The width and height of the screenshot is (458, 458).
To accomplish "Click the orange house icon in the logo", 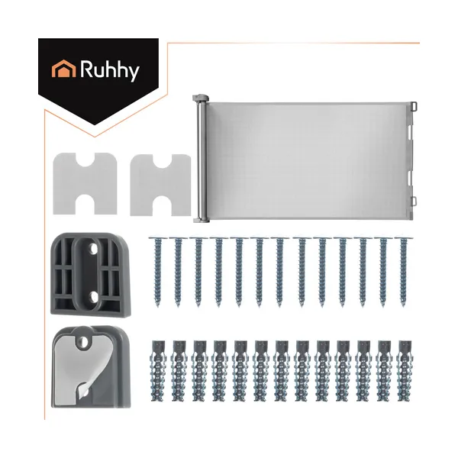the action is pos(63,69).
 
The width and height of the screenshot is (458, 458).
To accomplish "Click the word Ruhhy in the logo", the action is pos(110,70).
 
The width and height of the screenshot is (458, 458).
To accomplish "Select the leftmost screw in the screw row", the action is pos(158,272).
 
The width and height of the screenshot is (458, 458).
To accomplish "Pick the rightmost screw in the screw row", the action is pos(403,272).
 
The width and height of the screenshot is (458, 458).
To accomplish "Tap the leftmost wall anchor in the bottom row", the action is pos(159,371).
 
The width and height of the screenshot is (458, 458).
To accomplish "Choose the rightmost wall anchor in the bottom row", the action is pos(405,371).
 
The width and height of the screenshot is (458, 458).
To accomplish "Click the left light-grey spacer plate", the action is pos(85,184).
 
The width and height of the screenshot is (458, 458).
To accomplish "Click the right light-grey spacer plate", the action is pos(160,185).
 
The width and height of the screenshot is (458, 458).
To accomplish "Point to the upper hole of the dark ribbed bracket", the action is pos(93,249).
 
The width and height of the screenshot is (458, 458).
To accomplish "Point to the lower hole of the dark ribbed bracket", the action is pos(93,297).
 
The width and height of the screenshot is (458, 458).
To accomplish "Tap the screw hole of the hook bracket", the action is pos(84,340).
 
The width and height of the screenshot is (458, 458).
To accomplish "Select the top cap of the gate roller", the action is pos(200,98).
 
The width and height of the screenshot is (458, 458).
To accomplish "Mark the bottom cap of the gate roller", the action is pos(202,219).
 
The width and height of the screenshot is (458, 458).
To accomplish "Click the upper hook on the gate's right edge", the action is pos(414,107).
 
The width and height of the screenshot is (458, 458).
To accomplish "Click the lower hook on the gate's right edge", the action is pos(414,202).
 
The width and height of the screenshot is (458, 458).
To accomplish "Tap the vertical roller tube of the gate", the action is pos(200,160).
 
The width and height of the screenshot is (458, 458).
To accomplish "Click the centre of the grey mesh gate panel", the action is pos(310,160).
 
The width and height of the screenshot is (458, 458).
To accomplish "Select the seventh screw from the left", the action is pos(279,272).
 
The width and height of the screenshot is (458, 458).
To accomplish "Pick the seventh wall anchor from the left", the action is pos(282,371).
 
